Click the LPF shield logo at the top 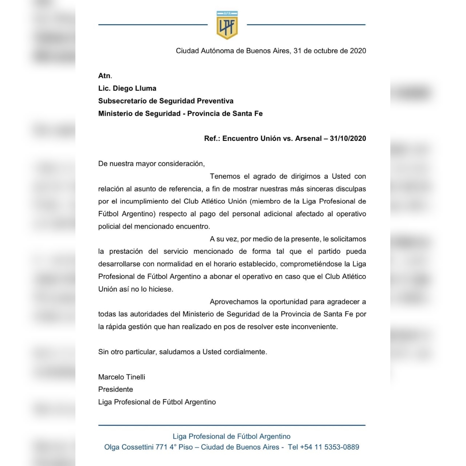[x=227, y=25]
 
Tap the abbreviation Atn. [x=105, y=76]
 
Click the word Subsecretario [x=123, y=101]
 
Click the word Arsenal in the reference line [x=308, y=139]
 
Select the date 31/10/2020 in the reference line [x=348, y=139]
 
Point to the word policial [x=109, y=226]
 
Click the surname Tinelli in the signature [x=133, y=377]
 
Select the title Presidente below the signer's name [x=115, y=390]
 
